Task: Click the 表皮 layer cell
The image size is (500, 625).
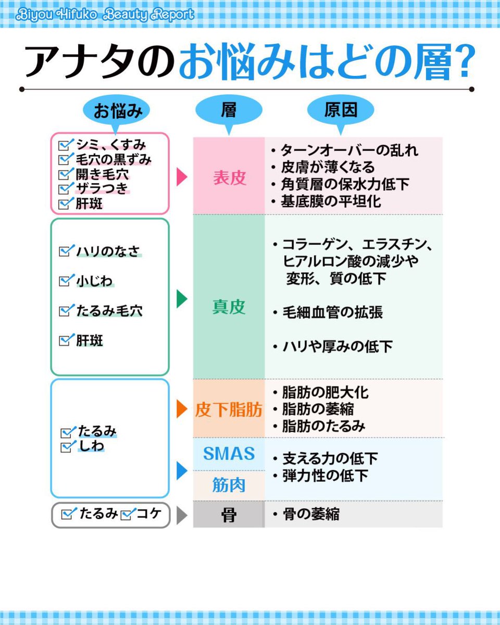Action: pos(229,177)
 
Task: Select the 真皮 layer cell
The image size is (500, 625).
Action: pos(229,307)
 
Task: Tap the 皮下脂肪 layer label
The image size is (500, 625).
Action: pos(229,410)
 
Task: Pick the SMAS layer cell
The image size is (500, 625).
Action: pos(229,454)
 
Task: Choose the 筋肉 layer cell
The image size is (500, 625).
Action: pos(229,485)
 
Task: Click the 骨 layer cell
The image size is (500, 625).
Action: pos(229,515)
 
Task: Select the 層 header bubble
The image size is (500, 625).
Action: pos(229,110)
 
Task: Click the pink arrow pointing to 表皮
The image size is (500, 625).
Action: pos(182,177)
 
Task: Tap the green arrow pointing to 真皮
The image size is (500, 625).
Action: pos(182,299)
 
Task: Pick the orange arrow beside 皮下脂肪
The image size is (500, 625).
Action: pos(182,409)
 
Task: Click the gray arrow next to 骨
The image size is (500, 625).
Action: pos(182,515)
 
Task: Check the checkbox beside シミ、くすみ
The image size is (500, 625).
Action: pos(66,144)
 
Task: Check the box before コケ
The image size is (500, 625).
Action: pos(128,514)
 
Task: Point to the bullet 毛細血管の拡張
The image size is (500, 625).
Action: pos(332,312)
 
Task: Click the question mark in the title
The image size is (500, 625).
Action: pos(460,63)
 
